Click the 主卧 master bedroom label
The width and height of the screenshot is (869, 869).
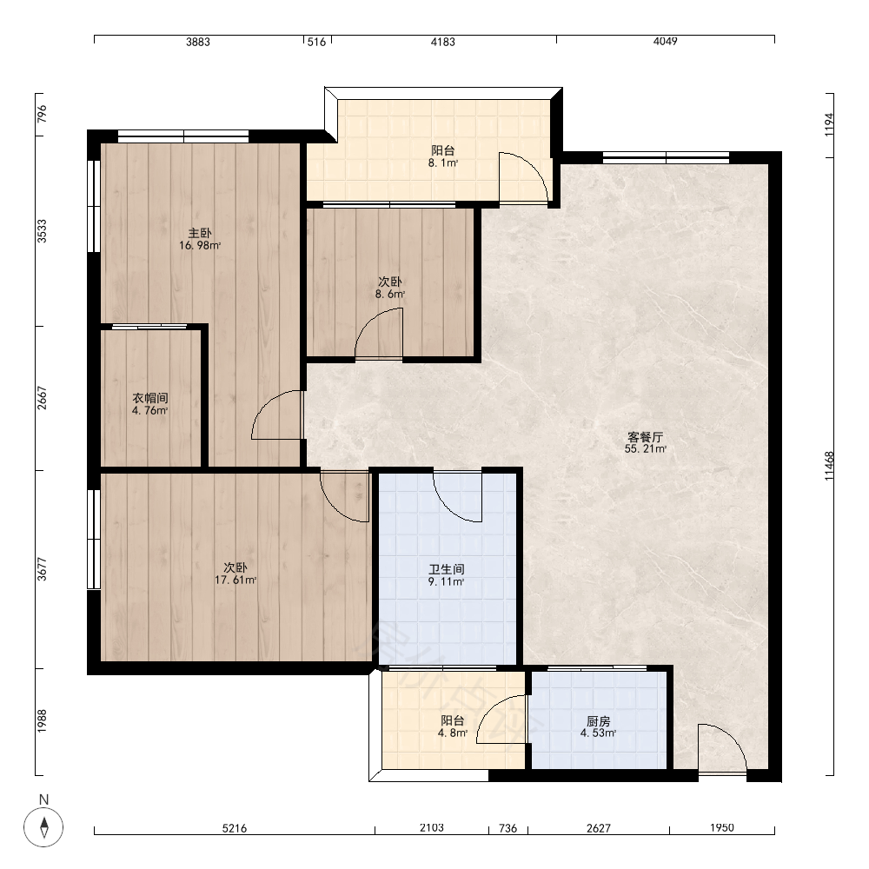pyautogui.click(x=200, y=233)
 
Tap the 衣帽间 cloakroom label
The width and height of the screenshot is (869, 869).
pyautogui.click(x=149, y=398)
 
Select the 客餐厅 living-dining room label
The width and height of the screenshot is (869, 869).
pyautogui.click(x=645, y=437)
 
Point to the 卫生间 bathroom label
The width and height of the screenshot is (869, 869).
pyautogui.click(x=446, y=569)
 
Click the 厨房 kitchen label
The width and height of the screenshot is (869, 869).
pyautogui.click(x=599, y=721)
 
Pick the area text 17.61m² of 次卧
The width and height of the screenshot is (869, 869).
pyautogui.click(x=235, y=580)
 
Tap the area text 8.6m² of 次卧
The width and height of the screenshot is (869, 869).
pyautogui.click(x=390, y=295)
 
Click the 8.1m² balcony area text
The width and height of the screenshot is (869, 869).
pyautogui.click(x=443, y=163)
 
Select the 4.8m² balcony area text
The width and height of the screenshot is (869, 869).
pyautogui.click(x=453, y=733)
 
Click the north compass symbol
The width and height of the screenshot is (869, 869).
pyautogui.click(x=43, y=827)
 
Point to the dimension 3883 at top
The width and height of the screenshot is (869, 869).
pyautogui.click(x=198, y=42)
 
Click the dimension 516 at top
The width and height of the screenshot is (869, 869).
pyautogui.click(x=316, y=42)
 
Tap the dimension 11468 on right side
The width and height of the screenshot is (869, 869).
pyautogui.click(x=829, y=466)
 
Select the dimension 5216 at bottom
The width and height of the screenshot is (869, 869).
pyautogui.click(x=235, y=828)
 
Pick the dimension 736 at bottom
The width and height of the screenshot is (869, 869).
pyautogui.click(x=507, y=828)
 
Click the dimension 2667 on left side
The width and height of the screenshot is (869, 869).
pyautogui.click(x=42, y=398)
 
